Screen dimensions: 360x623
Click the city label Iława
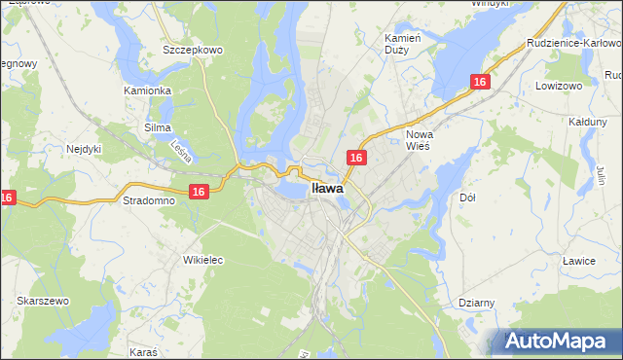click(x=326, y=191)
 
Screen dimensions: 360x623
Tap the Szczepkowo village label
click(x=194, y=49)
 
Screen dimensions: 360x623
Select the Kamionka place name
click(x=148, y=90)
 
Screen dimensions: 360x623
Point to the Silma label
click(x=157, y=127)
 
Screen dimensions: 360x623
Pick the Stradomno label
click(x=149, y=200)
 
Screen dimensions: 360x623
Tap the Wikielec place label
click(x=203, y=260)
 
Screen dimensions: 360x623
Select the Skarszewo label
click(x=42, y=302)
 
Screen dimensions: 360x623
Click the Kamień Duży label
click(x=402, y=42)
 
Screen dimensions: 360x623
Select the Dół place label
click(x=466, y=198)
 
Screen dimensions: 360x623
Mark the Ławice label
click(x=578, y=260)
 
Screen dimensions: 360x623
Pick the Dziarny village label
click(x=475, y=303)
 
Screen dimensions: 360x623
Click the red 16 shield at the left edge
click(x=7, y=198)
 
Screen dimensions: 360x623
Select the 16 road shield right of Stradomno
click(x=198, y=193)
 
